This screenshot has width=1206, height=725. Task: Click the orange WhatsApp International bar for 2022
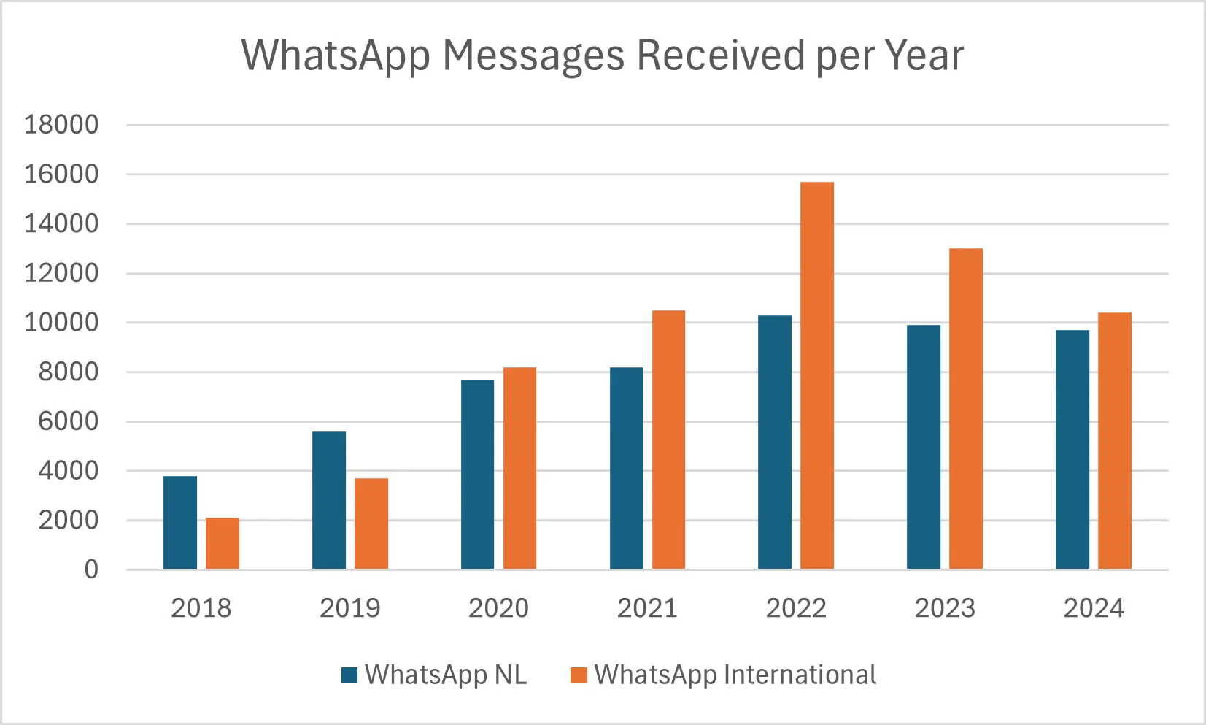tap(816, 375)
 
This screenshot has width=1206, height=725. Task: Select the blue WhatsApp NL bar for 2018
tap(180, 523)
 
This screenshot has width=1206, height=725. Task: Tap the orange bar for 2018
tap(223, 543)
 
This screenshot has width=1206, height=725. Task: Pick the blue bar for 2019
tap(329, 500)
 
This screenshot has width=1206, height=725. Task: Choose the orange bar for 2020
tap(519, 468)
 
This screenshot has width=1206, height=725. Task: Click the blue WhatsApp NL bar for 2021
tap(626, 468)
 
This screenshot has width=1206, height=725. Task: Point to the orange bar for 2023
tap(965, 409)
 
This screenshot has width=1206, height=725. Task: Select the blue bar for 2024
tap(1072, 450)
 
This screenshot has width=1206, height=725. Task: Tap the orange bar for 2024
tap(1114, 441)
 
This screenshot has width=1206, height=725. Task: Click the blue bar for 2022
tap(775, 442)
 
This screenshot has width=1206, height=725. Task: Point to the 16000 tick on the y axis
tap(61, 174)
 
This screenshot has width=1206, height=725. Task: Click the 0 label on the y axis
tap(91, 569)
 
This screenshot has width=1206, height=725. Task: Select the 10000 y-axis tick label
tap(61, 323)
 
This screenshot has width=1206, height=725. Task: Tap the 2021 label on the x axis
tap(647, 608)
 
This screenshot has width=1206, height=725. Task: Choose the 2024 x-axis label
tap(1093, 608)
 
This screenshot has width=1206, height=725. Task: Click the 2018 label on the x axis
tap(201, 608)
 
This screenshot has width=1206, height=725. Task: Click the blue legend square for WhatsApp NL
tap(349, 675)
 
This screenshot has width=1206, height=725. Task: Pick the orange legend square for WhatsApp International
tap(579, 675)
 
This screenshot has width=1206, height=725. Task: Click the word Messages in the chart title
tap(533, 55)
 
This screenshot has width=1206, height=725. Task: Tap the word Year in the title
tap(924, 55)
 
